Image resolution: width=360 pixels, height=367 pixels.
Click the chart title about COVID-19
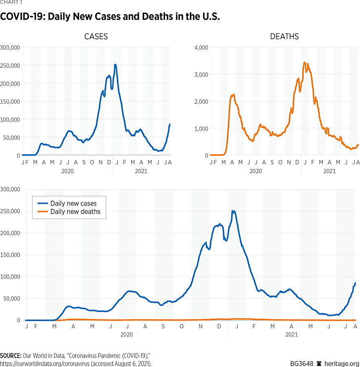tap(110, 17)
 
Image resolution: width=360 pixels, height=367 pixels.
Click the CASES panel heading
tap(96, 37)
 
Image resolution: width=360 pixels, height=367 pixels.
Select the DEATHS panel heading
tap(284, 37)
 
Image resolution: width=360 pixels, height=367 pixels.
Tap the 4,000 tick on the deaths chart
tap(201, 47)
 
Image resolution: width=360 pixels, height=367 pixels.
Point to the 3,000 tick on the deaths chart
tap(201, 74)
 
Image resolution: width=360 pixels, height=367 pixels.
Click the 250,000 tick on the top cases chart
tap(11, 66)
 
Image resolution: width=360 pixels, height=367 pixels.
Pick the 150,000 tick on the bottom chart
tap(11, 255)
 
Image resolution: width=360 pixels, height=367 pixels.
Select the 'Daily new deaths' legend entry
tap(75, 212)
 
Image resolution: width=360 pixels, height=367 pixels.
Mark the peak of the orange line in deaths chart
tap(305, 63)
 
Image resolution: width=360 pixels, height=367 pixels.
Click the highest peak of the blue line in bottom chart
tap(233, 211)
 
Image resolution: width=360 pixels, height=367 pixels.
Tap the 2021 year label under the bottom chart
tap(292, 335)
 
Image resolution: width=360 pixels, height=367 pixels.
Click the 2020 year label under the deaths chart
tap(255, 171)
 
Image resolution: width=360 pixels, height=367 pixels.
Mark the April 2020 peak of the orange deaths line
tap(233, 95)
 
